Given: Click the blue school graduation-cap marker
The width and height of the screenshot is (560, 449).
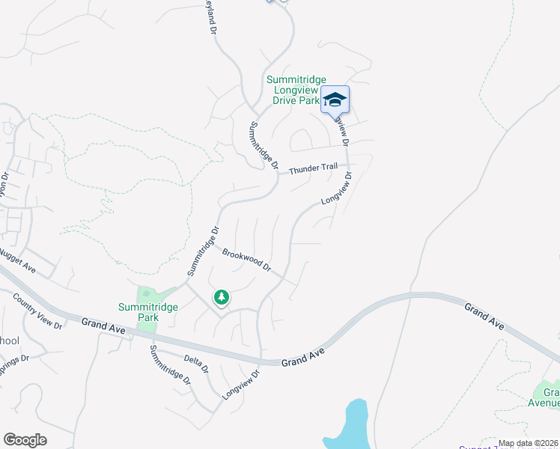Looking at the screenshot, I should point(335,100).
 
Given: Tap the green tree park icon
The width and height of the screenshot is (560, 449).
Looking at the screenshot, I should point(222,298).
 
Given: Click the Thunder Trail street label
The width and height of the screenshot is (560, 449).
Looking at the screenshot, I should point(314,168).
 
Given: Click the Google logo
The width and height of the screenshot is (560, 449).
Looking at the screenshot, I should point(25,440).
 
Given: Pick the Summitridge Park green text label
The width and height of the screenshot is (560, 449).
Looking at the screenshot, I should point(139,311).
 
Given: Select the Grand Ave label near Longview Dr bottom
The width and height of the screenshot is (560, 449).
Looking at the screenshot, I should point(303,356).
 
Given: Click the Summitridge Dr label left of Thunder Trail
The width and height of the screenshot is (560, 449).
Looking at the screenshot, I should point(264,145).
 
